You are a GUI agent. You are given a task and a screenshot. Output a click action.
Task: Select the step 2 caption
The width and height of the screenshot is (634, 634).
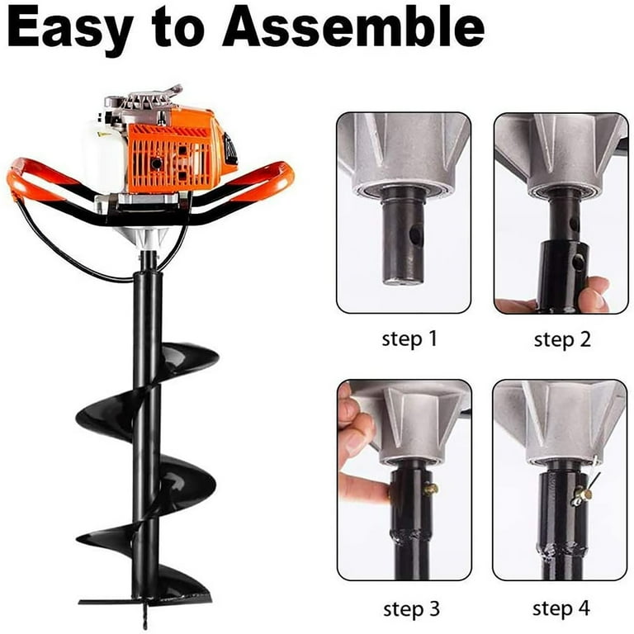[562, 338]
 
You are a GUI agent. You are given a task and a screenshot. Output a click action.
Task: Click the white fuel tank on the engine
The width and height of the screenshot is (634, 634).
[103, 154]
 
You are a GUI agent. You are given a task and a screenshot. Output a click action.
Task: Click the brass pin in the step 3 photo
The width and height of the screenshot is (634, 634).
[430, 489]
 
